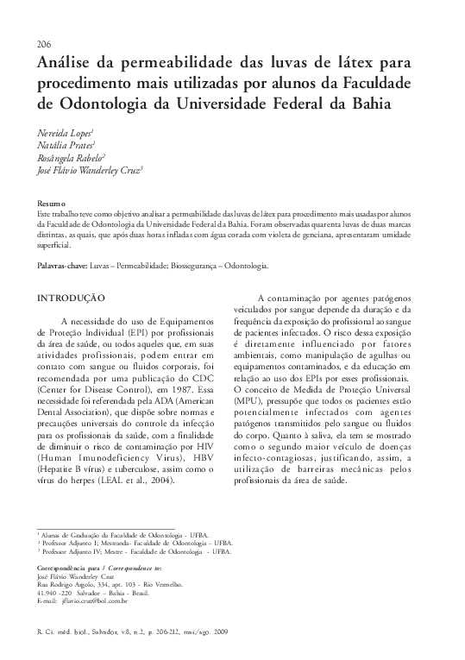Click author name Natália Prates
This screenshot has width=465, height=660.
pyautogui.click(x=66, y=146)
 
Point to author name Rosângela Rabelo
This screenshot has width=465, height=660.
pyautogui.click(x=70, y=159)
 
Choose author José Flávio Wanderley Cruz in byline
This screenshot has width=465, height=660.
pyautogui.click(x=90, y=173)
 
